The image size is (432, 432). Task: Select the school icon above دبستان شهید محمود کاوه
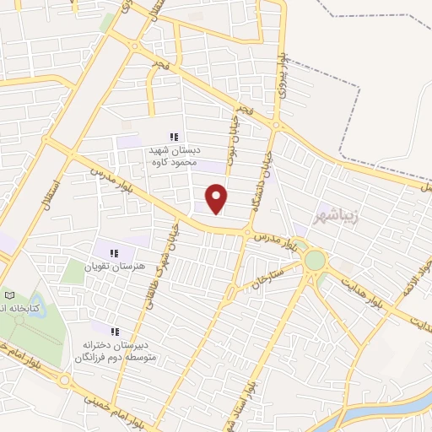pyautogui.click(x=174, y=138)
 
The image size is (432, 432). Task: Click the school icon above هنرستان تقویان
pyautogui.click(x=115, y=251)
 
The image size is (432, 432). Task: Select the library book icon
pyautogui.click(x=10, y=295)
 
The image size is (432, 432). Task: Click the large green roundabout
pyautogui.click(x=315, y=261)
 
